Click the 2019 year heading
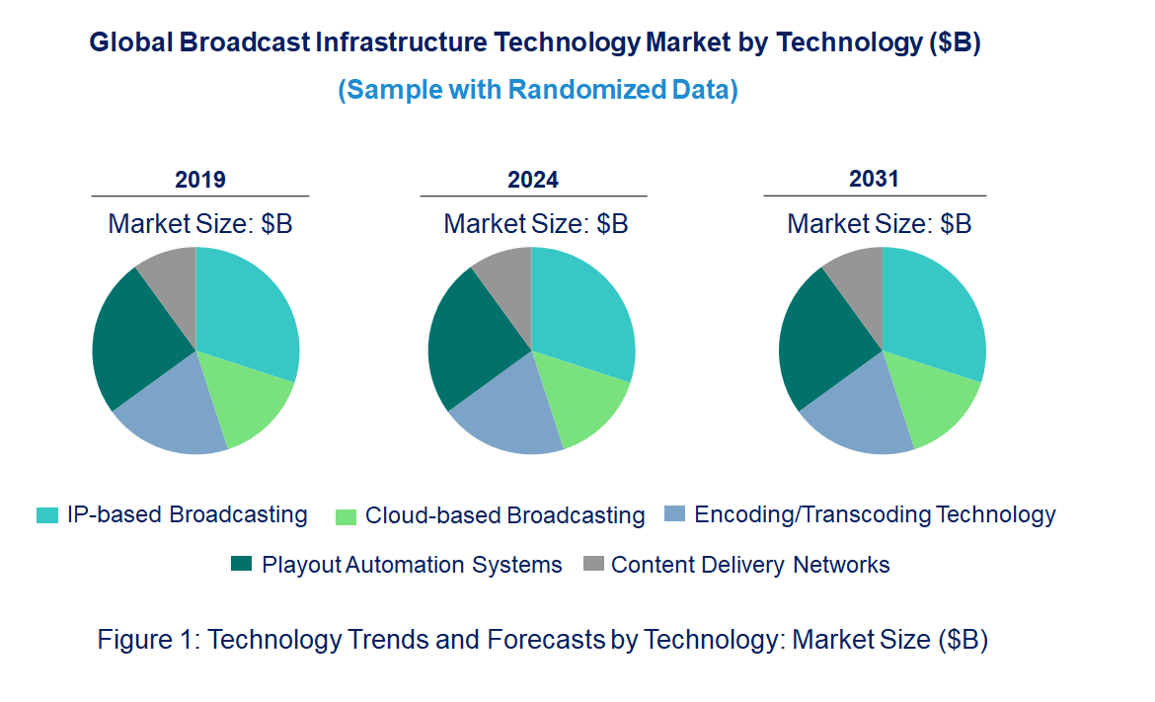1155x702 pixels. pyautogui.click(x=200, y=180)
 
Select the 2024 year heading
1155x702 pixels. pyautogui.click(x=533, y=180)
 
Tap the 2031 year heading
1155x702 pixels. pyautogui.click(x=874, y=179)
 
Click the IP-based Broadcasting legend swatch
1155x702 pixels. pyautogui.click(x=46, y=515)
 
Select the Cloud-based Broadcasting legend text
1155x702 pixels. pyautogui.click(x=504, y=515)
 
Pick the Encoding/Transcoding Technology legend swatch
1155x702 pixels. pyautogui.click(x=674, y=514)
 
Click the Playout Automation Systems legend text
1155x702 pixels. pyautogui.click(x=412, y=565)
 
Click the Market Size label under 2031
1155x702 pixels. pyautogui.click(x=879, y=224)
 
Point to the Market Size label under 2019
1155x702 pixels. pyautogui.click(x=200, y=224)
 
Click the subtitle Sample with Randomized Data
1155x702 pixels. pyautogui.click(x=538, y=90)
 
